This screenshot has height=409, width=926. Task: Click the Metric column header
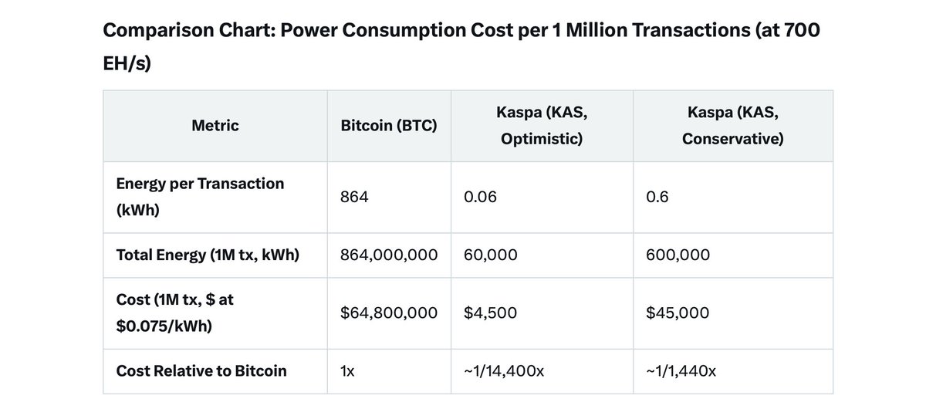215,126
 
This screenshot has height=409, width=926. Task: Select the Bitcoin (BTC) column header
389,126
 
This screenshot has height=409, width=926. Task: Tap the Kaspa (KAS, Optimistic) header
541,126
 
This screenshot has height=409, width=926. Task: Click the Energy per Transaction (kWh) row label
200,196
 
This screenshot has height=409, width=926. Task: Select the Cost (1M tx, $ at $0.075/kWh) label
174,313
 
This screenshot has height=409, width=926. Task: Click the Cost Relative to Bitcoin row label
201,370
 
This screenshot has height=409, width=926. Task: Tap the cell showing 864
354,197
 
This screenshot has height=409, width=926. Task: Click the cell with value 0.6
657,197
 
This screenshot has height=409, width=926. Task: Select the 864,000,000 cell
389,255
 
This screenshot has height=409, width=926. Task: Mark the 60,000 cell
491,255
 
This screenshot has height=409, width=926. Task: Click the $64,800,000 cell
389,313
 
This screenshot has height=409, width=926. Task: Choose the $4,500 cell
490,313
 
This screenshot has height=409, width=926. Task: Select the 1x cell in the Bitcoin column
347,370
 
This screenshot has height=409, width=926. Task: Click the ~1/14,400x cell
504,370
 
